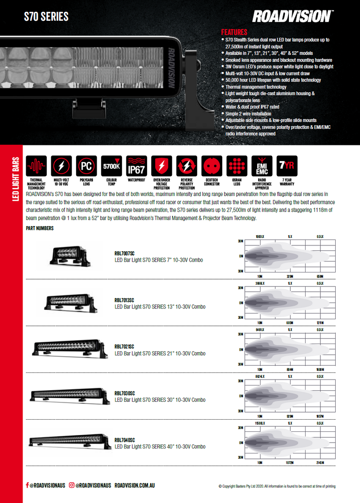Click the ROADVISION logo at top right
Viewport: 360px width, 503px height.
coord(292,16)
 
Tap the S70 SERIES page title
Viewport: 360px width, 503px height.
coord(46,17)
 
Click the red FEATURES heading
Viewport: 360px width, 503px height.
coord(234,32)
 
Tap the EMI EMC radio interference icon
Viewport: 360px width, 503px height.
coord(261,166)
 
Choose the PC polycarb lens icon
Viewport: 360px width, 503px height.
coord(86,166)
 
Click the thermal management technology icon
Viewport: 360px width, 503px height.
coord(36,166)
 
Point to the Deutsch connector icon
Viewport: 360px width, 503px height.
coord(211,166)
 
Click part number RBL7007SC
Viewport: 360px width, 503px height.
coord(125,254)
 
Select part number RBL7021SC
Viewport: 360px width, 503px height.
coord(125,347)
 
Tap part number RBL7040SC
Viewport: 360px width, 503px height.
coord(125,440)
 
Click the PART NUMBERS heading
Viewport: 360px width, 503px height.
coord(40,228)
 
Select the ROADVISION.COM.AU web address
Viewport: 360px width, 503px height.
coord(135,485)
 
